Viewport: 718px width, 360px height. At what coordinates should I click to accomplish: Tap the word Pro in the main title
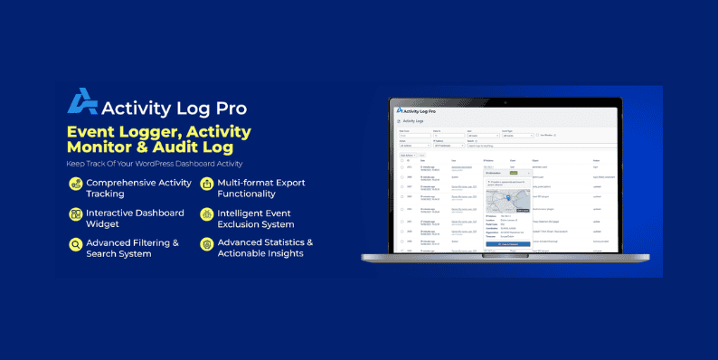[226, 108]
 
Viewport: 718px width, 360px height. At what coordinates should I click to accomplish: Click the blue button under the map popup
[510, 244]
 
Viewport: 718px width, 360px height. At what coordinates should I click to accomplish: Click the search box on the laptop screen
[506, 145]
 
